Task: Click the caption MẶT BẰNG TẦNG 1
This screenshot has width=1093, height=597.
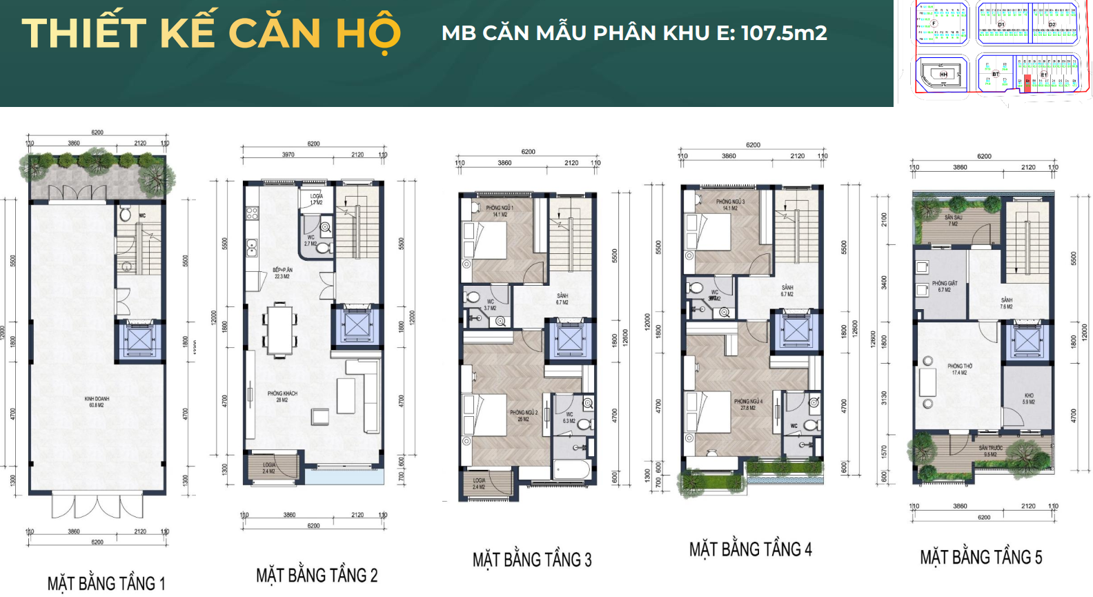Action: (106, 583)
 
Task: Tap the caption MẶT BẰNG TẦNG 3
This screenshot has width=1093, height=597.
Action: (531, 560)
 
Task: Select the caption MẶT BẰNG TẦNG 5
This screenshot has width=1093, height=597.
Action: (981, 557)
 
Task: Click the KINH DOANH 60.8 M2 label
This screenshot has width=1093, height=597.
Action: (97, 402)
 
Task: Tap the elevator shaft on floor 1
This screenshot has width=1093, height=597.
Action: (139, 340)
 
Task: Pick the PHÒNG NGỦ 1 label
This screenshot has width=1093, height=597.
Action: (500, 211)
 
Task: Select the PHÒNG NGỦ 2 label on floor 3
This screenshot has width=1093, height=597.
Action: (524, 415)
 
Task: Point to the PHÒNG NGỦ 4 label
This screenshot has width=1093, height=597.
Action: (748, 404)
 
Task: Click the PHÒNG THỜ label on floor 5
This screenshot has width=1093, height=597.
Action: (959, 369)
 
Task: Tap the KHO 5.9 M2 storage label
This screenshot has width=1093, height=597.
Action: (1029, 398)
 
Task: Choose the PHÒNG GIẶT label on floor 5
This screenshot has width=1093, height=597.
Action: (944, 286)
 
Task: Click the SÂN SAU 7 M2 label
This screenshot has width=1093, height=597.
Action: (953, 220)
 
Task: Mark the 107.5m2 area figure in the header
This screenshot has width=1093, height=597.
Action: (784, 32)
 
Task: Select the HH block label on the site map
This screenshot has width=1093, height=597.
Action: (943, 74)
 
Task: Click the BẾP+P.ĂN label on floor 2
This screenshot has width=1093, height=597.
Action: (282, 273)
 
